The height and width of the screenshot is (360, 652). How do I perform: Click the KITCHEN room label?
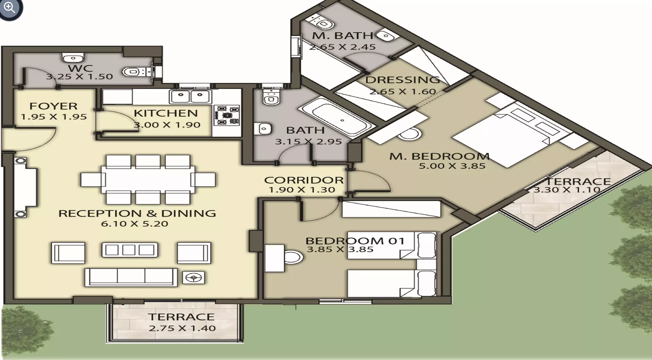166,113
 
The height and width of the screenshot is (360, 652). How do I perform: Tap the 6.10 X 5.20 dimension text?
135,224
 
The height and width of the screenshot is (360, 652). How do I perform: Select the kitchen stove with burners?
226,115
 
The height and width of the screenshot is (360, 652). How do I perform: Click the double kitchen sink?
190,97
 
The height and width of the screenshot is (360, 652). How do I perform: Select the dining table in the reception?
148,179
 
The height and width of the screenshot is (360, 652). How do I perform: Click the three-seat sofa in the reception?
131,277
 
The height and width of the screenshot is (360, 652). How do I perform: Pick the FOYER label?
54,106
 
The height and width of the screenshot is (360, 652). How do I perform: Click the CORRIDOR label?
304,180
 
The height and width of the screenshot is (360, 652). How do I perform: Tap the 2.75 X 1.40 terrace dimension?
182,328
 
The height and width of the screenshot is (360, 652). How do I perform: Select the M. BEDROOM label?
439,156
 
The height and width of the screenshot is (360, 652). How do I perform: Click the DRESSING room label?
403,80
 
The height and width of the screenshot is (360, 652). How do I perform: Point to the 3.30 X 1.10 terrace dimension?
567,190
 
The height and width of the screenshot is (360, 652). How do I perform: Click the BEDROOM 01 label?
355,241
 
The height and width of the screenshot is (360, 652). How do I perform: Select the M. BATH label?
343,36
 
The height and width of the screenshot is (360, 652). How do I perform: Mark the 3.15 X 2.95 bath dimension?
308,142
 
